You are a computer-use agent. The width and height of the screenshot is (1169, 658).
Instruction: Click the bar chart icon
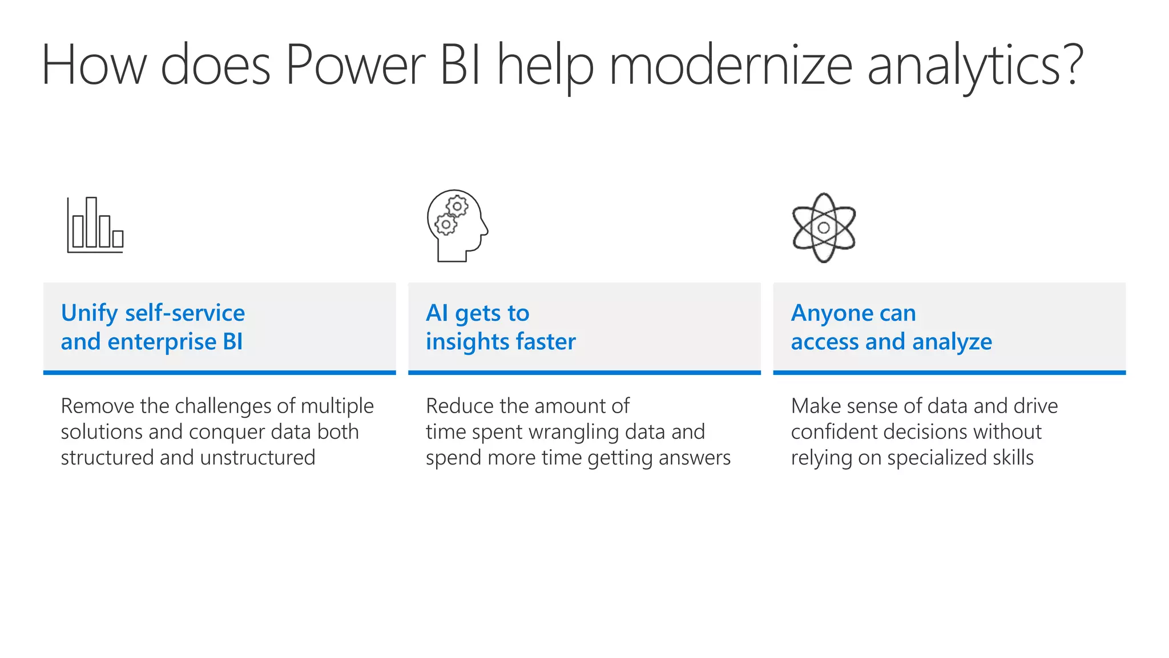coord(95,225)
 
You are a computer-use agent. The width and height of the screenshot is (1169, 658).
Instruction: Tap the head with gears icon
coord(457,225)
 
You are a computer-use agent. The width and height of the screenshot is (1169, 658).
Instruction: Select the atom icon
coord(824,228)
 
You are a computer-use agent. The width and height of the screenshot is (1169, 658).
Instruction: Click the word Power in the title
coord(355,66)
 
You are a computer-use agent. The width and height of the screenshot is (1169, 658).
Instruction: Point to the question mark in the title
coord(1072,64)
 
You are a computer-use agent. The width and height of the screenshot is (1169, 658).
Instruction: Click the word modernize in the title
coord(731,66)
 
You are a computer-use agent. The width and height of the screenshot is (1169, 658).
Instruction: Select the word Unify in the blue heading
coord(89,313)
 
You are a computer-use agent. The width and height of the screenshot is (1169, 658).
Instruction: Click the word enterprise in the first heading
coord(162,342)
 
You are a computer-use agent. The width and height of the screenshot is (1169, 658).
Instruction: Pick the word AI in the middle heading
coord(437,313)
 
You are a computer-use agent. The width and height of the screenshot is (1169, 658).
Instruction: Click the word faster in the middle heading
coord(546,342)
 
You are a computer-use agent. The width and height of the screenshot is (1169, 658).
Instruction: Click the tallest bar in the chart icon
coord(91,222)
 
